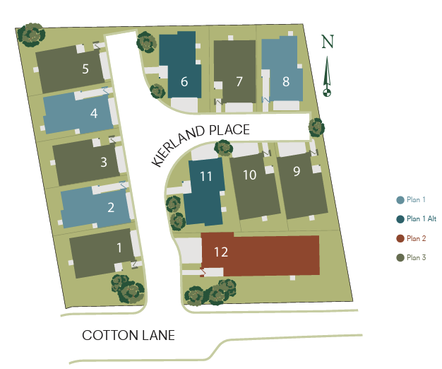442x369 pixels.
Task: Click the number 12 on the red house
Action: pyautogui.click(x=220, y=252)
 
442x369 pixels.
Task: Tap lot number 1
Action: pyautogui.click(x=119, y=247)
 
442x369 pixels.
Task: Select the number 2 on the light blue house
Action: pyautogui.click(x=111, y=207)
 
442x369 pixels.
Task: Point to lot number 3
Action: pyautogui.click(x=104, y=162)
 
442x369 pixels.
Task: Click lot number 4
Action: pyautogui.click(x=94, y=113)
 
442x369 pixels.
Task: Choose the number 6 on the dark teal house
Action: pyautogui.click(x=184, y=81)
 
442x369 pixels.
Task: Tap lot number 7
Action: pyautogui.click(x=239, y=81)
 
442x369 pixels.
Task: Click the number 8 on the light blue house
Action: pyautogui.click(x=286, y=81)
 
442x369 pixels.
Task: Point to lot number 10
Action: pyautogui.click(x=249, y=175)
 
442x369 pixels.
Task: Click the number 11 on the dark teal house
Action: pyautogui.click(x=206, y=177)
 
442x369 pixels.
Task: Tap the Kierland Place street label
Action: pyautogui.click(x=201, y=144)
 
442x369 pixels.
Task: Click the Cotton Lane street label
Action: pyautogui.click(x=129, y=335)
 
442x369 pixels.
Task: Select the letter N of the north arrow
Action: pyautogui.click(x=327, y=42)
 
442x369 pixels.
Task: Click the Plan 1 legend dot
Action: pyautogui.click(x=401, y=200)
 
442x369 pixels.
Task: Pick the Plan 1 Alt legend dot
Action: pyautogui.click(x=401, y=219)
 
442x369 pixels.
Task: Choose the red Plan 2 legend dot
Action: pyautogui.click(x=401, y=238)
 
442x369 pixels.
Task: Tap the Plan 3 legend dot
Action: pyautogui.click(x=401, y=257)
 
